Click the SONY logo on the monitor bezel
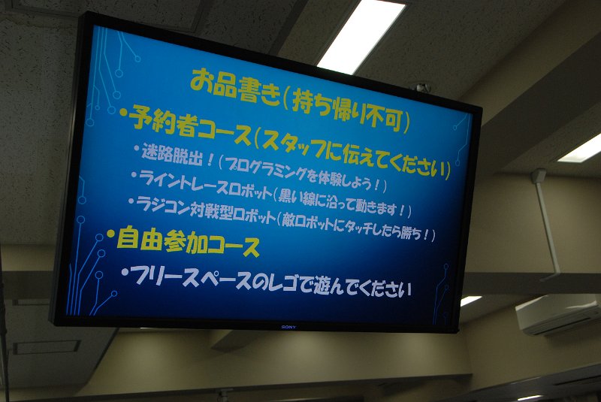(x=288, y=327)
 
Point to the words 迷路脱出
(x=172, y=154)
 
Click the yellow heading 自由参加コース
(x=189, y=242)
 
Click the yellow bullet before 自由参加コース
(x=110, y=234)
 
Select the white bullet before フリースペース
(x=125, y=272)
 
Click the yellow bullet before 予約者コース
(x=123, y=112)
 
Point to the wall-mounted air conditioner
(x=558, y=314)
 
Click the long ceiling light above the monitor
(x=361, y=37)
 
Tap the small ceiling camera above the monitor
(x=422, y=87)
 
